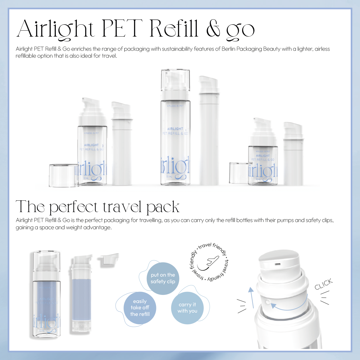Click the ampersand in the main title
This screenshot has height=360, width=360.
click(x=213, y=29)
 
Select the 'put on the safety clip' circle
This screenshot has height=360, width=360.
click(x=163, y=278)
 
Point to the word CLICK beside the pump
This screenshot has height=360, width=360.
click(x=324, y=284)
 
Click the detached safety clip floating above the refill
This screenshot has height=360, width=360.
click(x=109, y=259)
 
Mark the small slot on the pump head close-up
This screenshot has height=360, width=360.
click(x=278, y=264)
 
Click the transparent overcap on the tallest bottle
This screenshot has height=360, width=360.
click(x=175, y=79)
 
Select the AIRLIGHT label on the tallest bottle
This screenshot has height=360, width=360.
click(x=175, y=129)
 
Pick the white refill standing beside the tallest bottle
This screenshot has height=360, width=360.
click(x=209, y=132)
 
